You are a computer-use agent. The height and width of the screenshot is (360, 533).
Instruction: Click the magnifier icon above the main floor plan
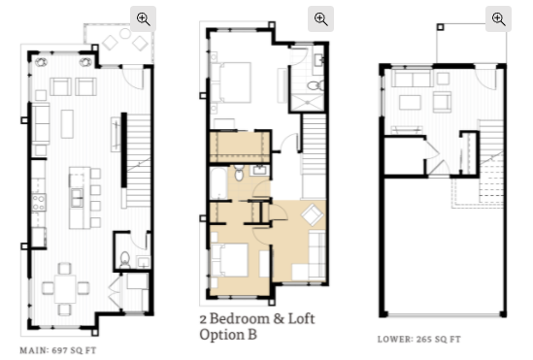click(143, 18)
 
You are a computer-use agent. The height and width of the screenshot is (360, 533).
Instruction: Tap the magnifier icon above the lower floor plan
click(498, 18)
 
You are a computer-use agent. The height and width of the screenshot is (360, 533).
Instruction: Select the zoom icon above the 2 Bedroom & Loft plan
click(321, 18)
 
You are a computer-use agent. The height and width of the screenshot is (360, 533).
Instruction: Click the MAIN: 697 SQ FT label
click(58, 350)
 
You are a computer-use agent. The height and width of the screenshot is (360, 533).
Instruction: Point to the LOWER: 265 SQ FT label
click(419, 339)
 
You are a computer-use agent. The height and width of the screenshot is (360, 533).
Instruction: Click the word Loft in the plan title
click(301, 318)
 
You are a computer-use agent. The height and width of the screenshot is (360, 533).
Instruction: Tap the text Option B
click(228, 335)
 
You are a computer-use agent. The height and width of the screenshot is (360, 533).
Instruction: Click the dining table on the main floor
click(65, 289)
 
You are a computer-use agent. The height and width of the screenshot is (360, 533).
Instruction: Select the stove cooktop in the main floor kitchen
click(39, 203)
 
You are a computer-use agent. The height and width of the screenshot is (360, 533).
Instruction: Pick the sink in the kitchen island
click(77, 198)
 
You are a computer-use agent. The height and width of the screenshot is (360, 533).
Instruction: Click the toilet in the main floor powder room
click(125, 260)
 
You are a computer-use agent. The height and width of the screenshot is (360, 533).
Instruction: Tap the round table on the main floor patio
click(125, 33)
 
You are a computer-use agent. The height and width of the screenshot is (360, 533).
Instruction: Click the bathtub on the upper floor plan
click(218, 183)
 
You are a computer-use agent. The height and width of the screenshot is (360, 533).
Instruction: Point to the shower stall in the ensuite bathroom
click(308, 103)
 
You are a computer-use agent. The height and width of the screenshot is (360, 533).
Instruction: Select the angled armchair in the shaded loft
click(313, 214)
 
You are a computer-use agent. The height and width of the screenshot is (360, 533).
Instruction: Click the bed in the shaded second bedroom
click(230, 260)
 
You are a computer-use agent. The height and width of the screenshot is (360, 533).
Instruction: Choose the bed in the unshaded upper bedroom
click(232, 82)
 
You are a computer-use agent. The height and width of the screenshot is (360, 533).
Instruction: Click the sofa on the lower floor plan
click(413, 78)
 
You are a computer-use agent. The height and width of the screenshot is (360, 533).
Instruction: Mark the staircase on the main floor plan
click(139, 160)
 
